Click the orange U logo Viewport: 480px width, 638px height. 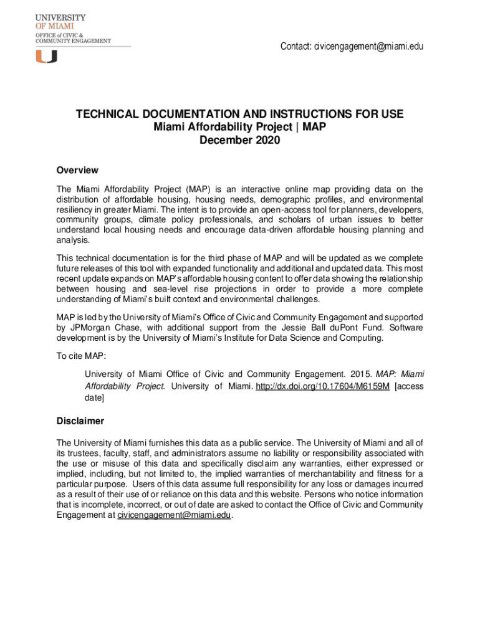46,56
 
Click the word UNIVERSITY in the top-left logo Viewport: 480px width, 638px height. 60,18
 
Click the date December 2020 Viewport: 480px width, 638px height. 239,140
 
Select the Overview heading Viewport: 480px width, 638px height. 77,170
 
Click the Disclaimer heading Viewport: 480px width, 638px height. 80,421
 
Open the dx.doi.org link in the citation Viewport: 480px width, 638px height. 322,386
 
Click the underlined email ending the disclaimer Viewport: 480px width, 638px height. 174,515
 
